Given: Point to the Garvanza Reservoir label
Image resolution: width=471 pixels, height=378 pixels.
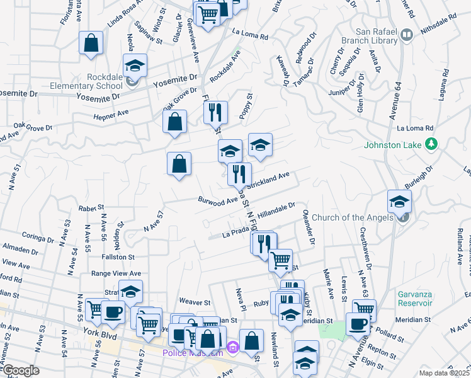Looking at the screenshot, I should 415,298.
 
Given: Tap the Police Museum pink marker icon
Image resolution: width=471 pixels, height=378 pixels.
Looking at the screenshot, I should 233,347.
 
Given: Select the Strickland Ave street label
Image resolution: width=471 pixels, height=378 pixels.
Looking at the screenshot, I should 269,181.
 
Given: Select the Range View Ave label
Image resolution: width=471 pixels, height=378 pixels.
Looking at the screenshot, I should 116,273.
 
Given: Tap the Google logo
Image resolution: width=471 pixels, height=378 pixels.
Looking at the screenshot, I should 20,370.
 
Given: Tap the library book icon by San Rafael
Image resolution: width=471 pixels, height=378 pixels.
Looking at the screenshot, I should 406,35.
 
